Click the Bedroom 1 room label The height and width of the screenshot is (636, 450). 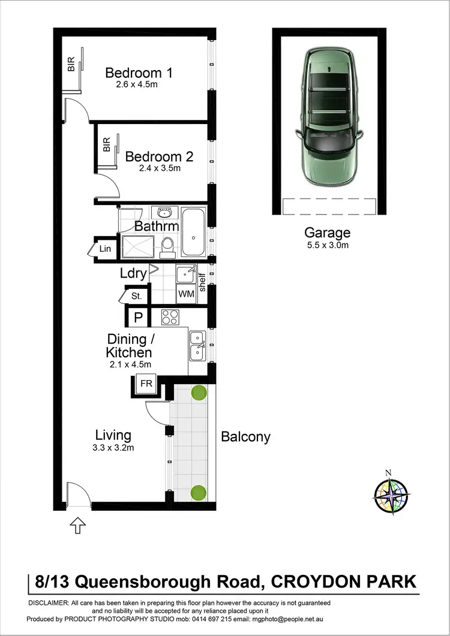click(x=139, y=73)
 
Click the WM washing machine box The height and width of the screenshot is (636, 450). click(x=185, y=294)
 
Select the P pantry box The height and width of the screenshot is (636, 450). click(x=137, y=318)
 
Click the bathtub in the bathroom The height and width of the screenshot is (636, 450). click(x=193, y=233)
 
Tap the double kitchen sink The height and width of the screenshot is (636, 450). click(x=197, y=346)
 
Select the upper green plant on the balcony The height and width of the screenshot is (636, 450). click(x=199, y=393)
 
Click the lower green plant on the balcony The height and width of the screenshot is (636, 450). click(x=199, y=493)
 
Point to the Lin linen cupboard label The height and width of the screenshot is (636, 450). click(x=105, y=249)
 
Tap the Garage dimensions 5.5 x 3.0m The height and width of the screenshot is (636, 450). click(x=327, y=245)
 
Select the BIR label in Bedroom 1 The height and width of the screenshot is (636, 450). click(x=71, y=64)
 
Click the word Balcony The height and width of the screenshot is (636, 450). click(x=245, y=437)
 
